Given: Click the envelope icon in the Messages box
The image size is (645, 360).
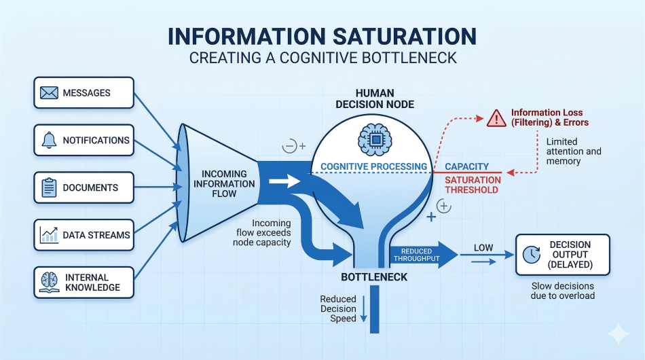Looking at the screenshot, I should [x=49, y=92].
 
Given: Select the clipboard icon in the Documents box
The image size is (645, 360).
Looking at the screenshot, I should [x=49, y=187].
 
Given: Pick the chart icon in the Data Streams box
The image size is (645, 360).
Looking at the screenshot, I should [x=49, y=235].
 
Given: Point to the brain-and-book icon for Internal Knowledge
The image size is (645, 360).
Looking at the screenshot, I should [x=49, y=282].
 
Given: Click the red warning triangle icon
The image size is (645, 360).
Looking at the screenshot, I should [x=496, y=118].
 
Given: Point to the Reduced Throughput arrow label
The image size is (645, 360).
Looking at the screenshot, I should [x=416, y=255].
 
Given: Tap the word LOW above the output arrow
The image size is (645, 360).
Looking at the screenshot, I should [x=483, y=247].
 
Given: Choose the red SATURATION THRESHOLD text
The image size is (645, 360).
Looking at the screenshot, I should [x=473, y=185].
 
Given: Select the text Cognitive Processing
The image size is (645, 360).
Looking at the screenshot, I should [x=373, y=166].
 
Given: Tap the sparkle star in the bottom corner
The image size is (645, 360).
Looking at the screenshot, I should [x=618, y=334].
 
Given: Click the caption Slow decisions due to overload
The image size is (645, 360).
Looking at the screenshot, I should [x=563, y=291].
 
